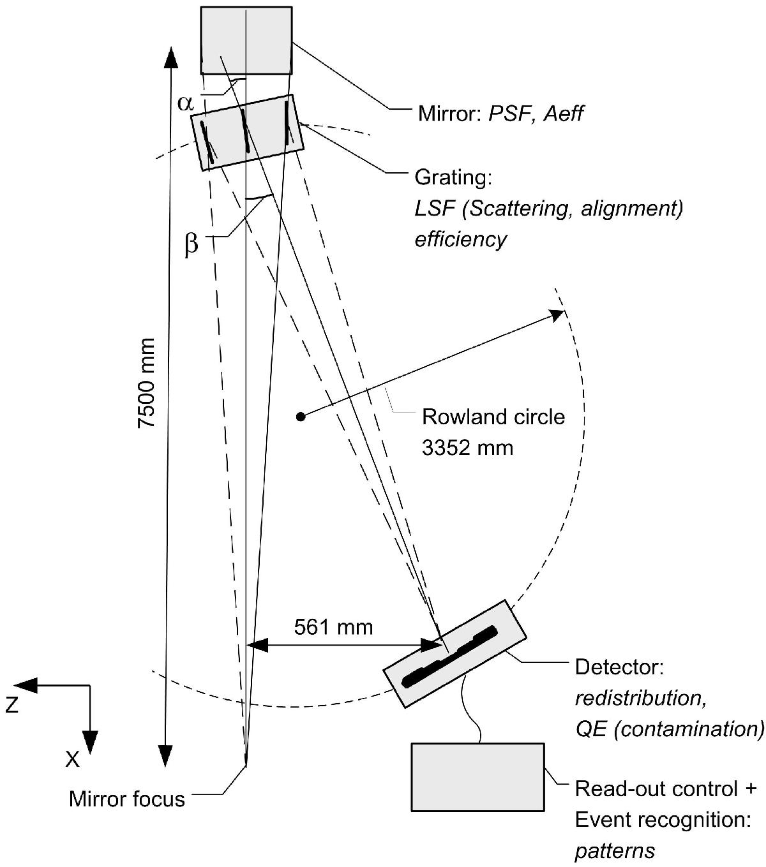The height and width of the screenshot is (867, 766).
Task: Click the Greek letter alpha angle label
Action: click(x=185, y=103)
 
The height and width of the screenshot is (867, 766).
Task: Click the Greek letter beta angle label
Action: click(x=191, y=245)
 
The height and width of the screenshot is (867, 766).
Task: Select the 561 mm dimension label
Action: click(x=333, y=627)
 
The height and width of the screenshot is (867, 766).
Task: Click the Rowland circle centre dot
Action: click(x=300, y=417)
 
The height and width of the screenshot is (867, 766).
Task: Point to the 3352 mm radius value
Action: click(x=467, y=447)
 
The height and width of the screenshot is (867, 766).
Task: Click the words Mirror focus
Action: click(x=127, y=799)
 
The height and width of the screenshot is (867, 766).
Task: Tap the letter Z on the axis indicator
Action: click(x=11, y=705)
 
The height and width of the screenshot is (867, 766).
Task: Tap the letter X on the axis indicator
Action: click(x=73, y=759)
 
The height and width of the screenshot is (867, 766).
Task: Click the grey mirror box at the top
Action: click(x=246, y=40)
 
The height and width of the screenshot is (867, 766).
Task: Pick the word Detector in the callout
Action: click(x=620, y=667)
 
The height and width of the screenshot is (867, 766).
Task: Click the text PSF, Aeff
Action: click(x=536, y=114)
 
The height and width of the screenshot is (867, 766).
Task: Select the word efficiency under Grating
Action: click(x=461, y=239)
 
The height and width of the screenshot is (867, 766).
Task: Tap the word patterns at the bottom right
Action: click(x=615, y=850)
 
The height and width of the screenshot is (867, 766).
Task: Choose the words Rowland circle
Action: click(x=493, y=417)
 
